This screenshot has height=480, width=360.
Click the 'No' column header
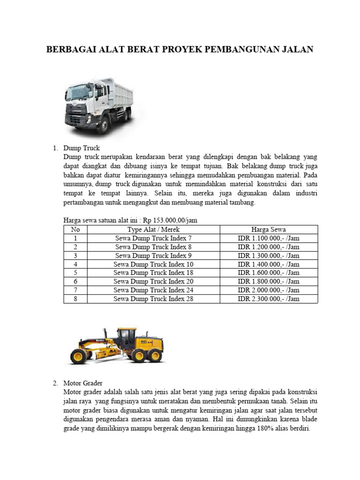pyautogui.click(x=75, y=229)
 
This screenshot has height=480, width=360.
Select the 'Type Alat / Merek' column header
pyautogui.click(x=154, y=229)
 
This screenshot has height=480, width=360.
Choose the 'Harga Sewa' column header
pyautogui.click(x=269, y=229)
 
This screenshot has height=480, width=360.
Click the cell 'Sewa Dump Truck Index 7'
pyautogui.click(x=154, y=238)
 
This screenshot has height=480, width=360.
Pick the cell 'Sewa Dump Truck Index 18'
pyautogui.click(x=154, y=273)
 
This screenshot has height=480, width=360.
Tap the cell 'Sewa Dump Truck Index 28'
pyautogui.click(x=154, y=299)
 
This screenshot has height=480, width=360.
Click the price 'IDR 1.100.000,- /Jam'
pyautogui.click(x=269, y=238)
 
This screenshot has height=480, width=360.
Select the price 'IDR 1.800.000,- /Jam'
pyautogui.click(x=269, y=281)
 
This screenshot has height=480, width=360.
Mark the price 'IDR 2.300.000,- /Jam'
pyautogui.click(x=269, y=299)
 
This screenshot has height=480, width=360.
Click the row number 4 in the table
pyautogui.click(x=75, y=264)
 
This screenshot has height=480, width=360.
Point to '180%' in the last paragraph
pyautogui.click(x=272, y=429)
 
